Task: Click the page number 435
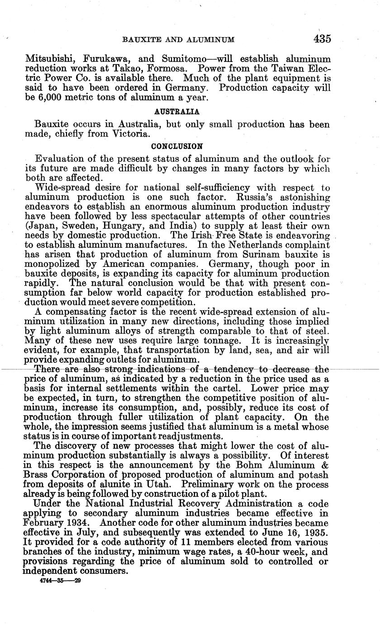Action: [322, 39]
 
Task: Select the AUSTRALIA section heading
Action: [177, 111]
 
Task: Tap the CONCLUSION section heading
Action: [177, 147]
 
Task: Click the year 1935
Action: [314, 532]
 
